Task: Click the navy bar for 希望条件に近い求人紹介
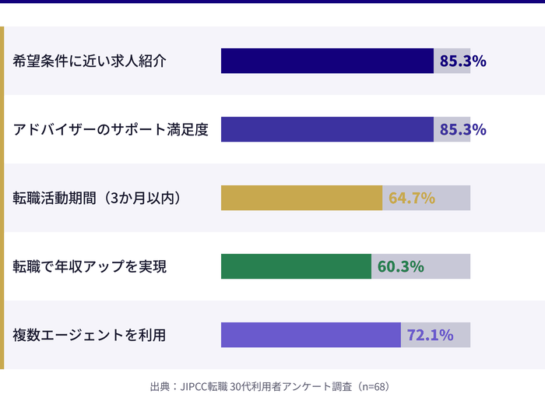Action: tap(327, 61)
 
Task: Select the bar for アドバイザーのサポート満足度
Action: tap(327, 129)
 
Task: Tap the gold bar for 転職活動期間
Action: tap(301, 198)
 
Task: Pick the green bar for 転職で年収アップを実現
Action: tap(296, 266)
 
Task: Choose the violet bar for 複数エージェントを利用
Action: tap(311, 335)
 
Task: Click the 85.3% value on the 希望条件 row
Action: tap(462, 61)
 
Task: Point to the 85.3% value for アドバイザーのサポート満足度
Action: tap(462, 129)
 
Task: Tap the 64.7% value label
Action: tap(411, 198)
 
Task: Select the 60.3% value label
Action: tap(400, 266)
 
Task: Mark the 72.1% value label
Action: tap(430, 335)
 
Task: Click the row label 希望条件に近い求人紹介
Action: tap(90, 61)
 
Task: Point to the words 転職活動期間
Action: tap(51, 198)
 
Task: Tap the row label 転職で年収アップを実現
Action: tap(90, 266)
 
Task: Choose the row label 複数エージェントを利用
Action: tap(90, 335)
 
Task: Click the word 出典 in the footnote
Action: tap(160, 386)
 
